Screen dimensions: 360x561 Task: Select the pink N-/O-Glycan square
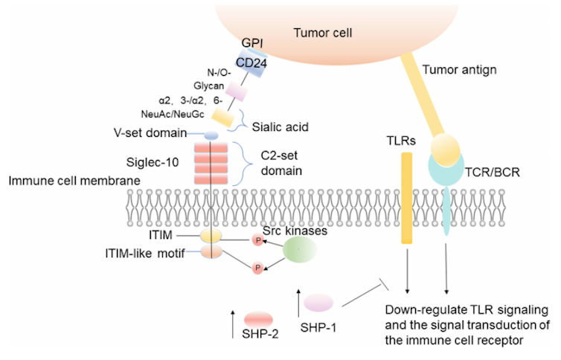point(237,92)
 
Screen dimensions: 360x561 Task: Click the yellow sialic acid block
point(222,116)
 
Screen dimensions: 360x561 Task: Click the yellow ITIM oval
point(211,235)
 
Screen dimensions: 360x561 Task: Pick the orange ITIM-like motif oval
point(211,252)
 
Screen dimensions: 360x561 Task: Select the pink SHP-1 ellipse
point(318,301)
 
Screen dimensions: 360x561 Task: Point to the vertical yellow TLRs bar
point(407,198)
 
